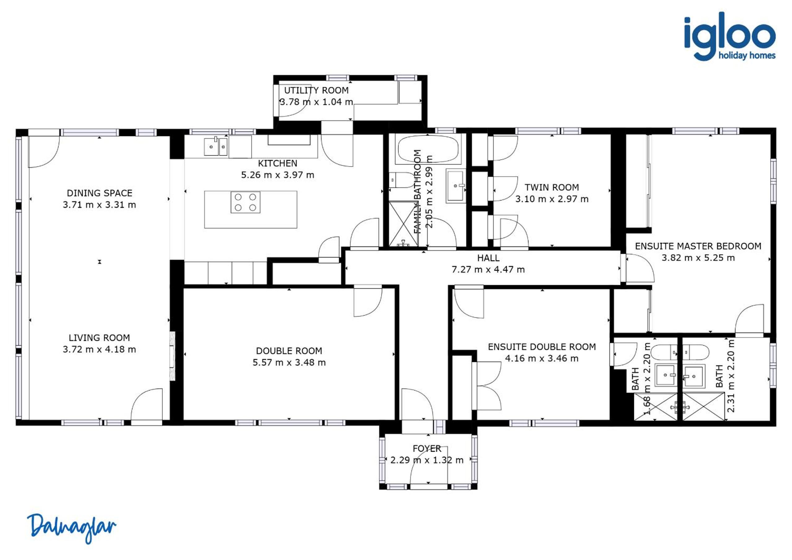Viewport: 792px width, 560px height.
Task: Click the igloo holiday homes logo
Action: point(730,36)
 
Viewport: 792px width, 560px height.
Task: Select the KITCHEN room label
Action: point(277,163)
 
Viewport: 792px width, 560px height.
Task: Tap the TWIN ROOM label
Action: point(552,187)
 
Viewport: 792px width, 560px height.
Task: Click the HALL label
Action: point(488,258)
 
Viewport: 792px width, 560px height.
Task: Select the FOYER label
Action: point(427,448)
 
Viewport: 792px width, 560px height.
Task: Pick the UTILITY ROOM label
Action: point(316,90)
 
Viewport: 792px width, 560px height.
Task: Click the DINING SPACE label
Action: point(99,193)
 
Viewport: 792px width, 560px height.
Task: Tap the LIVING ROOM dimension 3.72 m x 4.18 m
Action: point(99,349)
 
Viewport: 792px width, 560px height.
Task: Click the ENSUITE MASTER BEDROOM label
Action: point(698,246)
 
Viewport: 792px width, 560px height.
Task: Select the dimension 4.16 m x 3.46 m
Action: point(542,358)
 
